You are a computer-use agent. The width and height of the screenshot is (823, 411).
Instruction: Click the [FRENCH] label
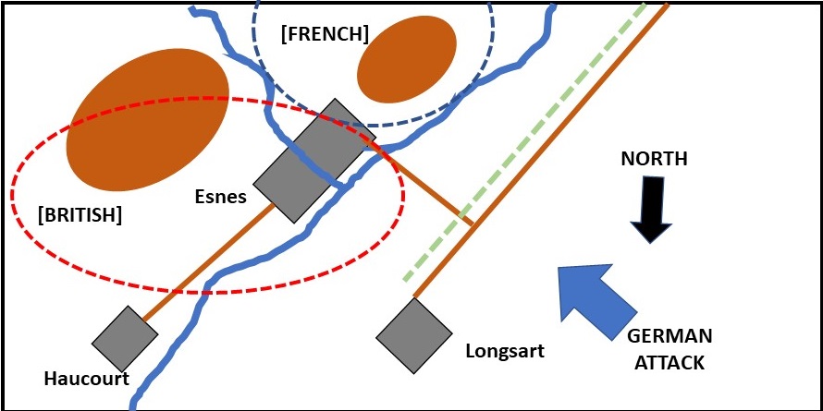[324, 34]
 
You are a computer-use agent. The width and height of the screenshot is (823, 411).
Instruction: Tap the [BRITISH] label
[80, 214]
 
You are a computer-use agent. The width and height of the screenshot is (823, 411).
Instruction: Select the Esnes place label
[220, 196]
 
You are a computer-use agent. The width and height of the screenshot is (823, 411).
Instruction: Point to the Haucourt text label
[85, 378]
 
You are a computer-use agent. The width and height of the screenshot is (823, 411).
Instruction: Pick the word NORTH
[655, 159]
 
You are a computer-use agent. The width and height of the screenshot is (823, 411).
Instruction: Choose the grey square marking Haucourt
[125, 339]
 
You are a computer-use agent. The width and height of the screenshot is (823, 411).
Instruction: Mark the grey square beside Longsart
[413, 334]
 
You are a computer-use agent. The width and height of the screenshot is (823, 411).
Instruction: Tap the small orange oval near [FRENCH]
[406, 57]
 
